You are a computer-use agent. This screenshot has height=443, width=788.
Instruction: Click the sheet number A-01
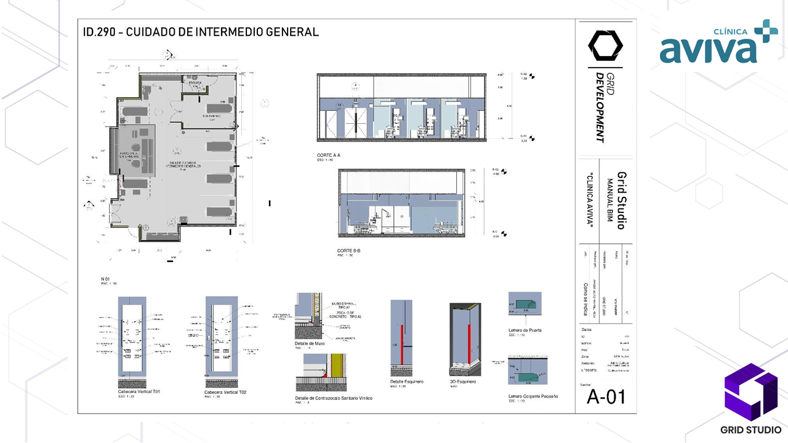pos(606,397)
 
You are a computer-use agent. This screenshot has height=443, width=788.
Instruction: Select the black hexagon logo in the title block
pos(605,45)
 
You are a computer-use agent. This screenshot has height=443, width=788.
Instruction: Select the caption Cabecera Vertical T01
pos(139,392)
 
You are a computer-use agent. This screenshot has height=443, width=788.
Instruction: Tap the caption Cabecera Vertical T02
pos(225,392)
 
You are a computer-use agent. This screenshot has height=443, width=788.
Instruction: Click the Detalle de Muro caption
pos(310,343)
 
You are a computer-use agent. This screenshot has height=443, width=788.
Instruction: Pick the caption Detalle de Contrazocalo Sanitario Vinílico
pos(334,398)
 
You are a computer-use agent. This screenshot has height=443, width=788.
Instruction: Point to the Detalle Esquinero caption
pos(406,381)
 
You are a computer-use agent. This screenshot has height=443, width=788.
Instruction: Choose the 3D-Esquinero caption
pos(463,381)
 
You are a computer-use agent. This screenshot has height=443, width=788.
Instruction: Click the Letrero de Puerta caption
pos(525,330)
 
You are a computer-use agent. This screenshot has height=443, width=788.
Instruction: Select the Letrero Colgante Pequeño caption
pos(533,396)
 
